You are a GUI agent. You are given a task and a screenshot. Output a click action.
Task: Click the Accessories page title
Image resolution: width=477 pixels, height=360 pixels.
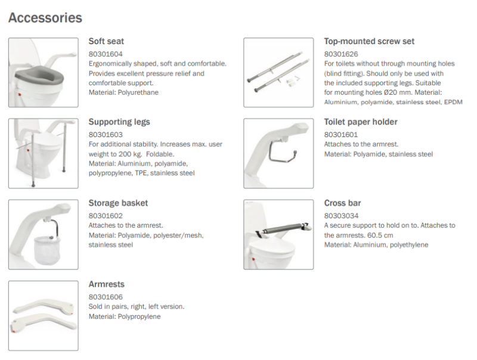point(45,18)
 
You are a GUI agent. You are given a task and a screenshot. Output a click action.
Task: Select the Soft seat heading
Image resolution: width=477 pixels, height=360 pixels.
point(106,42)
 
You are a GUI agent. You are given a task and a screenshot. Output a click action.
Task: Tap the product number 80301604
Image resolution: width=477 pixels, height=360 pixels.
point(105,54)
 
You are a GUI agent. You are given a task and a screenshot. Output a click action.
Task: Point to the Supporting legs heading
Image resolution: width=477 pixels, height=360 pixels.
point(119,122)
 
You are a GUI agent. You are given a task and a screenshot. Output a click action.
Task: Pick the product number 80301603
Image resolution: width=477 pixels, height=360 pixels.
point(105,135)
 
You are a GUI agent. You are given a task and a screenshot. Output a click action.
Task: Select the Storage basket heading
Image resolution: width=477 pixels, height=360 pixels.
point(118,203)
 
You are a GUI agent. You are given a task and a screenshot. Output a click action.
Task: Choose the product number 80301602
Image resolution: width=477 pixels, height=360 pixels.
point(105,216)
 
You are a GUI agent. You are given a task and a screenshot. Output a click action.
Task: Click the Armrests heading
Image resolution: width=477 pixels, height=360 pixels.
point(106,284)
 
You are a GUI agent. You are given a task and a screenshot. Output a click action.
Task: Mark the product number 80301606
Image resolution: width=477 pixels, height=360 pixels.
point(105,297)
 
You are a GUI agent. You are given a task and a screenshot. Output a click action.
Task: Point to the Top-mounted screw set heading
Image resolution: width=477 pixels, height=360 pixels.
point(369,42)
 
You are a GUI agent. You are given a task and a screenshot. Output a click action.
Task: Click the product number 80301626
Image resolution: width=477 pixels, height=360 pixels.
point(340,54)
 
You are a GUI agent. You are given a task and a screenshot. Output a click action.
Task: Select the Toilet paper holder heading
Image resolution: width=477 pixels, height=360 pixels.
point(361,122)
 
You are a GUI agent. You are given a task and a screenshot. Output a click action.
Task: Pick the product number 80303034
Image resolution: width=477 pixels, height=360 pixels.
point(340,216)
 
